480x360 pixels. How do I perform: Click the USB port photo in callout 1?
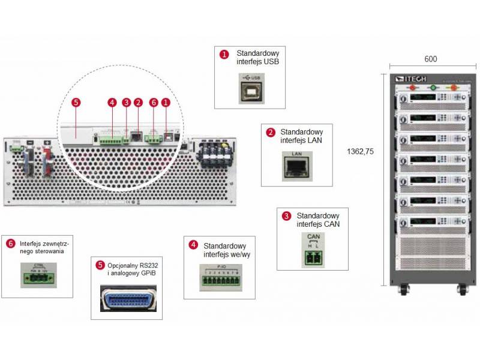pyautogui.click(x=250, y=88)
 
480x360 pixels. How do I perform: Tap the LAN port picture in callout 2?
pyautogui.click(x=296, y=164)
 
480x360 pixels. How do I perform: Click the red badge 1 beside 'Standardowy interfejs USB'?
pyautogui.click(x=224, y=55)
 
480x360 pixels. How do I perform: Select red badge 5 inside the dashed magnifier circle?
pyautogui.click(x=75, y=103)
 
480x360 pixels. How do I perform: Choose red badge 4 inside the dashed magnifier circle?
pyautogui.click(x=112, y=103)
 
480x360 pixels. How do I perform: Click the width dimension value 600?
pyautogui.click(x=430, y=59)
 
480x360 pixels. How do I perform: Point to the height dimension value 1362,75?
pyautogui.click(x=360, y=152)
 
